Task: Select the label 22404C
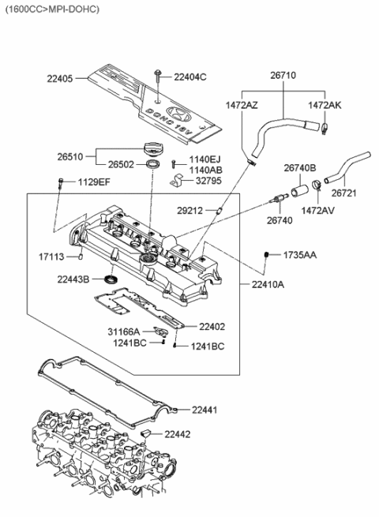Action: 189,77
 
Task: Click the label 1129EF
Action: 92,182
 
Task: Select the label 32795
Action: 209,182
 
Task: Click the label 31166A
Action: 123,332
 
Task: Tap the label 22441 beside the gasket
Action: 205,409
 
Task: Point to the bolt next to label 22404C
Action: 158,76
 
